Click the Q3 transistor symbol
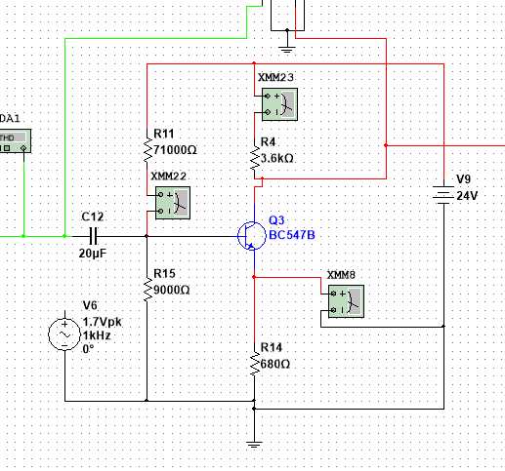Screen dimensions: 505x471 pyautogui.click(x=251, y=236)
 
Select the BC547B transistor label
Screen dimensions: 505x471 pyautogui.click(x=292, y=235)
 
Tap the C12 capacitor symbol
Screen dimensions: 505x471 pyautogui.click(x=93, y=236)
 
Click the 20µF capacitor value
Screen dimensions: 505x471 pyautogui.click(x=93, y=254)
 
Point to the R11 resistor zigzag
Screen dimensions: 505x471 pyautogui.click(x=147, y=150)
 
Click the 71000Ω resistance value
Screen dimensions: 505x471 pyautogui.click(x=175, y=150)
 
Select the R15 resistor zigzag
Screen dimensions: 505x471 pyautogui.click(x=147, y=289)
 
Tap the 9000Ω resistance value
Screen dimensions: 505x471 pyautogui.click(x=171, y=290)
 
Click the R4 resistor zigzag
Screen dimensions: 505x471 pyautogui.click(x=255, y=158)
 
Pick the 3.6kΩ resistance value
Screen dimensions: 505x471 pyautogui.click(x=277, y=158)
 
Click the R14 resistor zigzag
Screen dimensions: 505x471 pyautogui.click(x=255, y=364)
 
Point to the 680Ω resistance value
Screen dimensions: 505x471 pyautogui.click(x=275, y=364)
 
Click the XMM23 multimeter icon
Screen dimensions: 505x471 pyautogui.click(x=279, y=104)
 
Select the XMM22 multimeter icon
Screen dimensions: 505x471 pyautogui.click(x=173, y=203)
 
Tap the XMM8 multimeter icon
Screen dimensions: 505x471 pyautogui.click(x=346, y=301)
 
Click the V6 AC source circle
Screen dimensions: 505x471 pyautogui.click(x=64, y=334)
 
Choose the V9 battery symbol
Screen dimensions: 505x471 pyautogui.click(x=443, y=195)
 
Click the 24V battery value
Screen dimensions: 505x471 pyautogui.click(x=467, y=196)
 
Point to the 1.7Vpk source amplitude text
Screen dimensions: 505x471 pyautogui.click(x=102, y=322)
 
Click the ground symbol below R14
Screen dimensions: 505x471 pyautogui.click(x=254, y=445)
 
